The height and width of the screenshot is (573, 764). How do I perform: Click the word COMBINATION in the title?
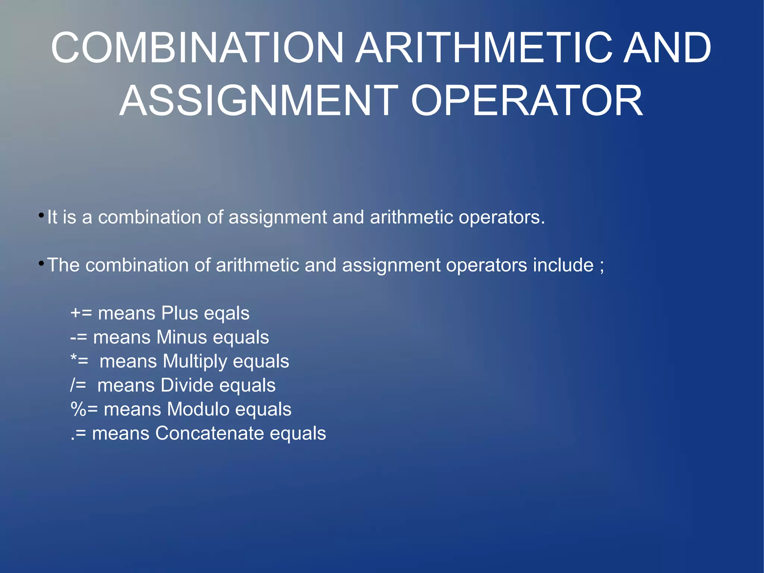[197, 48]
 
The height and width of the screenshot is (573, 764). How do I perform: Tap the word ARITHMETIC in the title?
[484, 48]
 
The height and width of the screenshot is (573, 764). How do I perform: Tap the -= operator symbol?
[79, 337]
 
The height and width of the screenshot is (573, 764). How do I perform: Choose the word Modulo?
[198, 409]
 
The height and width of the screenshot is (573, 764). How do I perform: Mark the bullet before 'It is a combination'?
[41, 216]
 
